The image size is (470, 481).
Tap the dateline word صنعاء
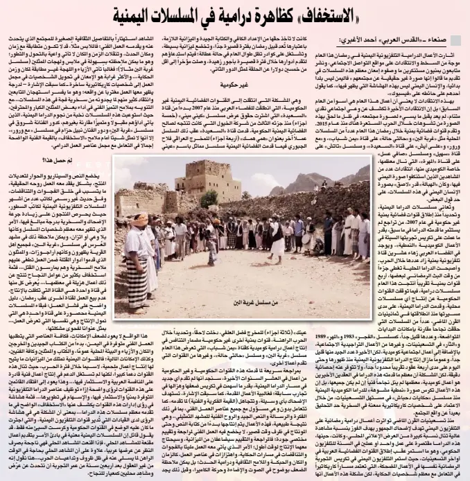[436, 42]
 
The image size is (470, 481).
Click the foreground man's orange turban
[137, 220]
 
